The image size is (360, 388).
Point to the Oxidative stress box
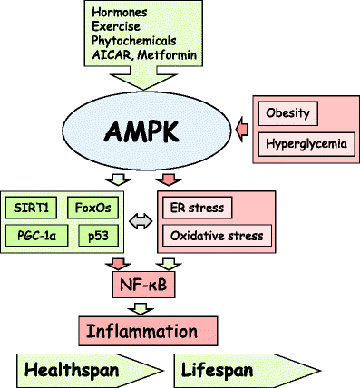(x=218, y=236)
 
